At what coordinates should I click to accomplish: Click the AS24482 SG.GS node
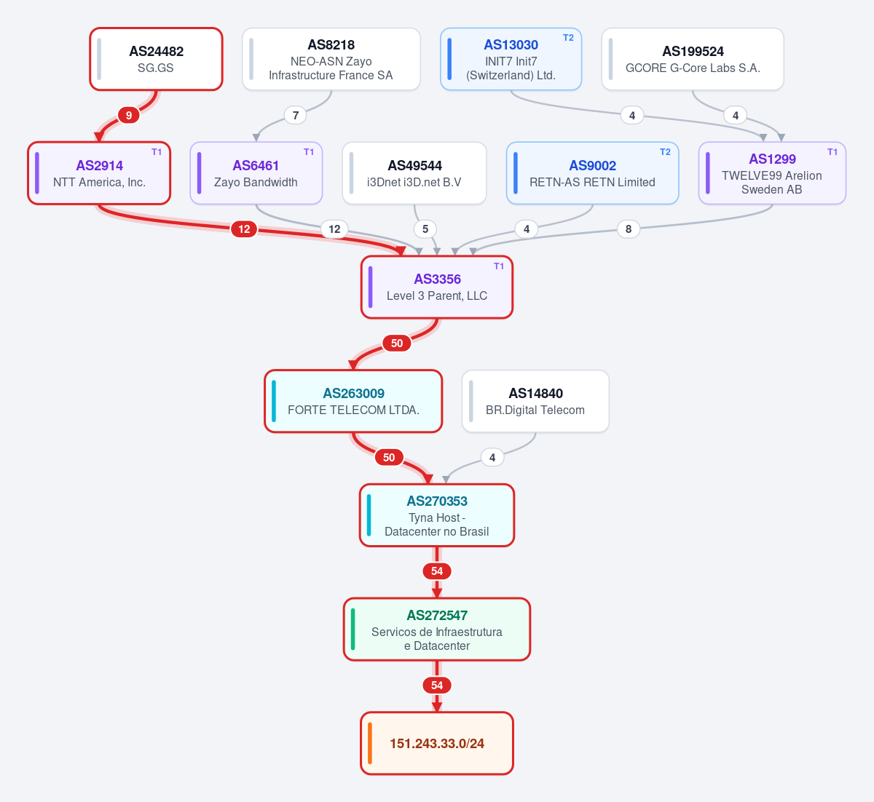point(156,59)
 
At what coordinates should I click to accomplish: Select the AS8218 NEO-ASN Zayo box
point(331,59)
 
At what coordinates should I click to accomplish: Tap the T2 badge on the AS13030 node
point(568,38)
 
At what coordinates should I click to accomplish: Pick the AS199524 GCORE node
point(693,59)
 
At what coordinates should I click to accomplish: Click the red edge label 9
point(128,116)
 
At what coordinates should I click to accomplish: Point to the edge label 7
point(296,116)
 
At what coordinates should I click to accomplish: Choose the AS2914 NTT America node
point(99,173)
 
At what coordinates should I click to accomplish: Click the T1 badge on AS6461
point(309,152)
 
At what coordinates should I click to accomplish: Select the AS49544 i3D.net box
point(414,173)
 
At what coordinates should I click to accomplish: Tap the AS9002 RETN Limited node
point(593,173)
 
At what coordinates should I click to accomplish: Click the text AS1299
point(772,159)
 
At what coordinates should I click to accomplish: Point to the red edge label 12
point(244,229)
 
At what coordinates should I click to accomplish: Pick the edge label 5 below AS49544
point(425,229)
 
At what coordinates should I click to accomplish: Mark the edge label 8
point(629,229)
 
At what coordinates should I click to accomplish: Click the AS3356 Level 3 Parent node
point(437,287)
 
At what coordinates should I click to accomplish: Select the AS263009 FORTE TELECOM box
point(353,401)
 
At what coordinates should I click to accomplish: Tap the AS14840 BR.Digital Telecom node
point(535,401)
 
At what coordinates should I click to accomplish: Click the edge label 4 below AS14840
point(492,458)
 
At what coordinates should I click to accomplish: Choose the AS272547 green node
point(437,629)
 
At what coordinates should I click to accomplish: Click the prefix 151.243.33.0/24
point(437,743)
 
